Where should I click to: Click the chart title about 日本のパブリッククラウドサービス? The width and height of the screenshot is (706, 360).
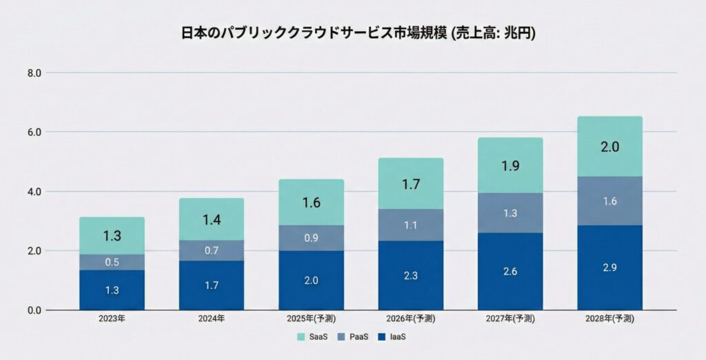[x=353, y=33]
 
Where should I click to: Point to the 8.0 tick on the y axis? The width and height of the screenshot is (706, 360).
[x=34, y=73]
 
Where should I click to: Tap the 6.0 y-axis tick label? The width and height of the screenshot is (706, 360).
[x=34, y=132]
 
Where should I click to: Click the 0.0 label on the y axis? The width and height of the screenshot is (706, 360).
[x=34, y=310]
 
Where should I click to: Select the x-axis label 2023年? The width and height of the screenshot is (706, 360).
[x=112, y=319]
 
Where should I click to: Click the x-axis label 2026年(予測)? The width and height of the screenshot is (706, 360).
[x=410, y=319]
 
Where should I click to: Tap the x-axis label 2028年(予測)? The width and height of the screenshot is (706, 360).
[x=609, y=319]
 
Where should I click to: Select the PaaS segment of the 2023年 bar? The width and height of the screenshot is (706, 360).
[x=112, y=262]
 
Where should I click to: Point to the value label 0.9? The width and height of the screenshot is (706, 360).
[x=311, y=238]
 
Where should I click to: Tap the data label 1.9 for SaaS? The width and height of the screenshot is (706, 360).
[x=510, y=166]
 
